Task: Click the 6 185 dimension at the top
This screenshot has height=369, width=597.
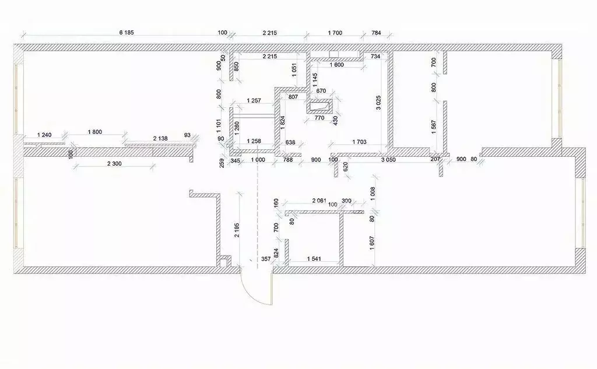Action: tap(127, 33)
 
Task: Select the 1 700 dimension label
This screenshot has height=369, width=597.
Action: tap(335, 33)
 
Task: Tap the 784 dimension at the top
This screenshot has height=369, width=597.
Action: tap(376, 33)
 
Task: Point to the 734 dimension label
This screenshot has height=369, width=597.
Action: tap(375, 57)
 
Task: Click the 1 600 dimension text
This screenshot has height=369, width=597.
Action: tap(336, 65)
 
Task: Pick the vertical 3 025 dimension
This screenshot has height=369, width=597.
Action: tap(378, 103)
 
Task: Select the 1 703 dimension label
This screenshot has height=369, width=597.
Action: tap(359, 142)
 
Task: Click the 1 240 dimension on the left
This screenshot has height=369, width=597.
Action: tap(44, 135)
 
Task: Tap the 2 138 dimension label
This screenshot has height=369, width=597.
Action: tap(160, 138)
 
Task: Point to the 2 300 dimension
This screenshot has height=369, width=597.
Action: tap(114, 164)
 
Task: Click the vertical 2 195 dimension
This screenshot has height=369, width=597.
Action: tap(237, 230)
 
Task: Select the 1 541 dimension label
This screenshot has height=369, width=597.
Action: tap(314, 259)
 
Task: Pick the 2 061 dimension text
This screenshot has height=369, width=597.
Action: tap(319, 201)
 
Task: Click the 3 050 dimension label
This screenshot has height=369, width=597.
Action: tap(388, 160)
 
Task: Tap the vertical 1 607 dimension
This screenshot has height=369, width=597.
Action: tap(372, 243)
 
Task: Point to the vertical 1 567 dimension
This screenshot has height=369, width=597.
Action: tap(434, 127)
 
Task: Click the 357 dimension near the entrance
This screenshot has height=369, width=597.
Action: tap(266, 259)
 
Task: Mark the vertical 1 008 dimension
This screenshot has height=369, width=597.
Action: tap(373, 194)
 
